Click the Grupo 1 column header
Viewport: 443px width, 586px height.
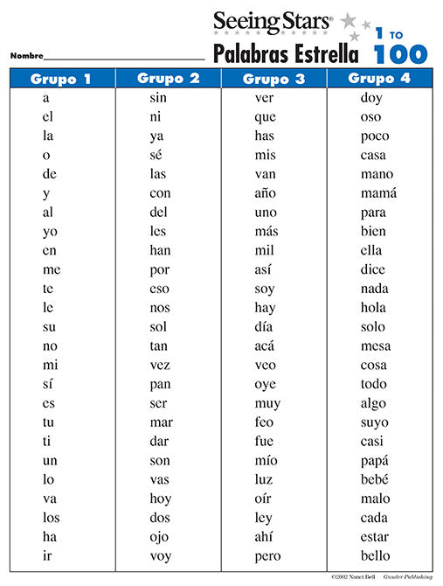[61, 80]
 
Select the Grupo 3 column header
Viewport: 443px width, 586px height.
[273, 80]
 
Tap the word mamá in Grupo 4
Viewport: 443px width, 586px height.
[378, 193]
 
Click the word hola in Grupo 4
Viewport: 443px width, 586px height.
[373, 308]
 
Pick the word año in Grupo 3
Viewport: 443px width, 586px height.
[266, 193]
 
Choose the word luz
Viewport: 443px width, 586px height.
[265, 480]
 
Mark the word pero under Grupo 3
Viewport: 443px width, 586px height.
[267, 556]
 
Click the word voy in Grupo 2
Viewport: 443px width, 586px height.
[159, 556]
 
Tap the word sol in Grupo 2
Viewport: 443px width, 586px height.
[157, 327]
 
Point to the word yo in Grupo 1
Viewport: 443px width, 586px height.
[50, 232]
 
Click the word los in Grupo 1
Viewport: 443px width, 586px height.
[51, 518]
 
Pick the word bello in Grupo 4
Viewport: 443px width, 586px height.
[377, 556]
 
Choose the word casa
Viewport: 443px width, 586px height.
[373, 155]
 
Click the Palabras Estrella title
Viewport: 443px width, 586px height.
[286, 55]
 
